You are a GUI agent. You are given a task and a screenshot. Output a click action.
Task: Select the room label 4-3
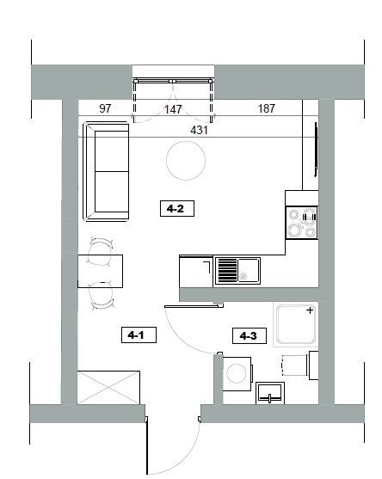249,335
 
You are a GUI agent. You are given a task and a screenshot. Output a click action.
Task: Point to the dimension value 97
105,108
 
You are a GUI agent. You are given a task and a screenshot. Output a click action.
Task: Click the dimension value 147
173,109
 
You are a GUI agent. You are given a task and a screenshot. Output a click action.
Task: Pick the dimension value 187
267,108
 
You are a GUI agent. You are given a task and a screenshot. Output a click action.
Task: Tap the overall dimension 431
199,130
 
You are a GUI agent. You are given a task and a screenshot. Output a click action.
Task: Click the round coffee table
186,160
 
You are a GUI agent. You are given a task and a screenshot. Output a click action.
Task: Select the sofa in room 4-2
106,171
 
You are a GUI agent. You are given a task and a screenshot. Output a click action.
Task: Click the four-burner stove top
302,223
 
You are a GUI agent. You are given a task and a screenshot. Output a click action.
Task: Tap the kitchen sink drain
243,276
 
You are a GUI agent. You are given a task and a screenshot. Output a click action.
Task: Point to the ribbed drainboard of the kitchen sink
228,270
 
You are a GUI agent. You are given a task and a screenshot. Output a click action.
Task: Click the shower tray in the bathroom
296,324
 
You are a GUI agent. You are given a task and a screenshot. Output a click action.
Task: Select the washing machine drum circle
236,373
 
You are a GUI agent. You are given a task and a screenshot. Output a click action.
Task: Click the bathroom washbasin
270,393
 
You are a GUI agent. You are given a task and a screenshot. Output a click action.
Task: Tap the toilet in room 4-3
299,365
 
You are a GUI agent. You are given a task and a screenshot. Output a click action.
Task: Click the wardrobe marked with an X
108,387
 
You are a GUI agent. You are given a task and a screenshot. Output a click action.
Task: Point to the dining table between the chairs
101,271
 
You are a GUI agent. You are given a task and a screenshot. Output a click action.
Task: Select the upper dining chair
101,251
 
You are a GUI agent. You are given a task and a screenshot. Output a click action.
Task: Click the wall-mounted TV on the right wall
316,149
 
